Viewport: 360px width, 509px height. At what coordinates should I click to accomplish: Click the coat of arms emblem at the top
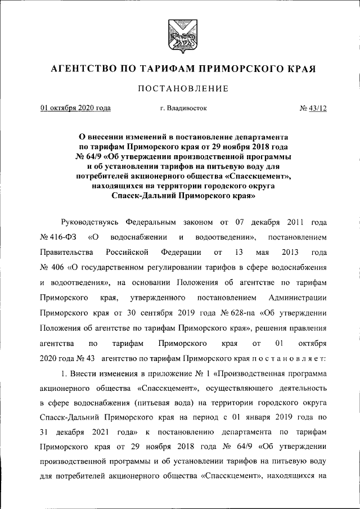[x=180, y=35]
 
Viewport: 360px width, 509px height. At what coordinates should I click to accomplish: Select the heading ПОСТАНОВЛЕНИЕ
[x=180, y=89]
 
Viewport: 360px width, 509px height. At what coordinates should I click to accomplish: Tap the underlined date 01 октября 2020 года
[x=75, y=108]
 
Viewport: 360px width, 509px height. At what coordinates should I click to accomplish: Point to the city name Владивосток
[x=183, y=108]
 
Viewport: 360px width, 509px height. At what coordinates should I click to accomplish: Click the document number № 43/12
[x=313, y=108]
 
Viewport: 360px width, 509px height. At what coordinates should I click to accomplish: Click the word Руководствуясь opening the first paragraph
[x=90, y=221]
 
